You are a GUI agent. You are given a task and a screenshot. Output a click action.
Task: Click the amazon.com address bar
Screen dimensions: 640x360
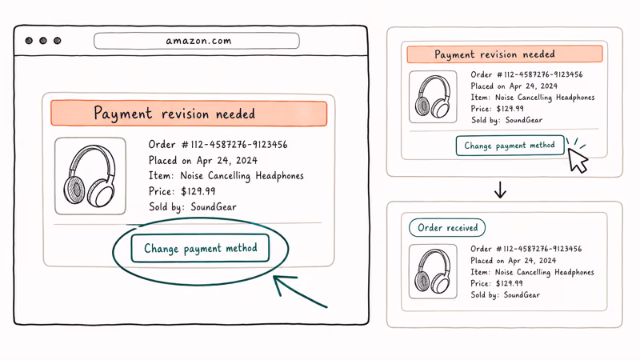[x=196, y=41]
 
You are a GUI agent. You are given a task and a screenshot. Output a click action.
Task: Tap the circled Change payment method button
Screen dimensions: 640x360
[x=200, y=248]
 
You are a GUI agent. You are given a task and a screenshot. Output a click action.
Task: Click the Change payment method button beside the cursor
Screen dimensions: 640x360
[x=510, y=146]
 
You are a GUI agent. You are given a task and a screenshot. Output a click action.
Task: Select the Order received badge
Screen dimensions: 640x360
[x=447, y=228]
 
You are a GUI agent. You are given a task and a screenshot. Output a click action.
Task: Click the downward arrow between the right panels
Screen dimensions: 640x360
[x=500, y=190]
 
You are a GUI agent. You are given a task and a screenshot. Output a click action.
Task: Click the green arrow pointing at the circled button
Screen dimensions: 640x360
[x=300, y=291]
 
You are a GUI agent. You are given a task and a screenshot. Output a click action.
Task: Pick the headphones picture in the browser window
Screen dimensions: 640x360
[x=90, y=176]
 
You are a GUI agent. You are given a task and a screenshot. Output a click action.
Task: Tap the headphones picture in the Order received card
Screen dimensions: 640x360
[x=433, y=271]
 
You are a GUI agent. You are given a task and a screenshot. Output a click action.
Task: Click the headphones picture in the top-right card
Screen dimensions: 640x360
[x=433, y=97]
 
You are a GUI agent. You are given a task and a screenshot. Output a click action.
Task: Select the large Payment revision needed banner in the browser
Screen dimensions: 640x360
[x=189, y=113]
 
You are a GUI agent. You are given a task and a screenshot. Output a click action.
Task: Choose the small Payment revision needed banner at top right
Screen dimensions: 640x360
[x=505, y=54]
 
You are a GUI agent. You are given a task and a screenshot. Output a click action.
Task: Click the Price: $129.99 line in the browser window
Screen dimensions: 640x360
[x=182, y=191]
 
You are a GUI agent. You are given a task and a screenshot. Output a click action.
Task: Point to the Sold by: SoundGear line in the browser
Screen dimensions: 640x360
[x=192, y=206]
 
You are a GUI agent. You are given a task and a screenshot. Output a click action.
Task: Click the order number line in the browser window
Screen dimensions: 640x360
[x=218, y=145]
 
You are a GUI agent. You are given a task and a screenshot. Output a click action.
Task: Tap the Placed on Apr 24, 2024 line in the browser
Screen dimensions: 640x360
[x=203, y=160]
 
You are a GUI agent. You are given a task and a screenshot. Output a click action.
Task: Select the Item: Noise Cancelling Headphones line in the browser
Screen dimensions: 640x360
[x=226, y=176]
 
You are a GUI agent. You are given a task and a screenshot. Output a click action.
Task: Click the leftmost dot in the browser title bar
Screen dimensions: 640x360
[x=29, y=41]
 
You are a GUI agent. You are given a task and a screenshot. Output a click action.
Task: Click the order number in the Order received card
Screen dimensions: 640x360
[x=526, y=249]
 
